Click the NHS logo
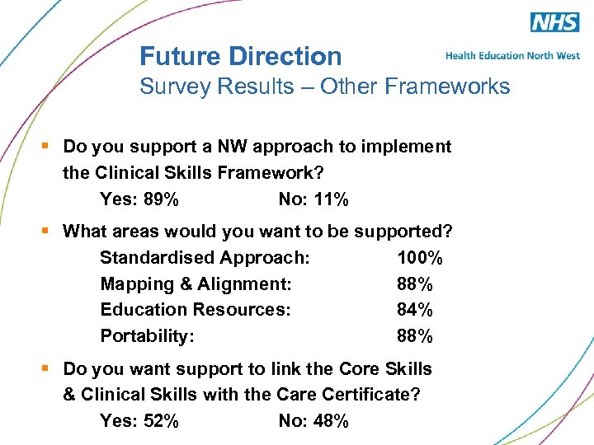click(554, 22)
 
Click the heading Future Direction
click(240, 56)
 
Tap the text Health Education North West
click(512, 55)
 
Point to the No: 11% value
click(313, 199)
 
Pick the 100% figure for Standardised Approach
click(419, 258)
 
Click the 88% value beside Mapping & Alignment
click(415, 284)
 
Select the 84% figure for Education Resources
click(415, 310)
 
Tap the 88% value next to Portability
click(415, 336)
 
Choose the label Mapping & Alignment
click(196, 284)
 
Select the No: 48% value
click(313, 421)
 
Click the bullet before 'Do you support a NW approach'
click(47, 147)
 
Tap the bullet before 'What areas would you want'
click(47, 232)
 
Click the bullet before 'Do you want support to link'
click(47, 368)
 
